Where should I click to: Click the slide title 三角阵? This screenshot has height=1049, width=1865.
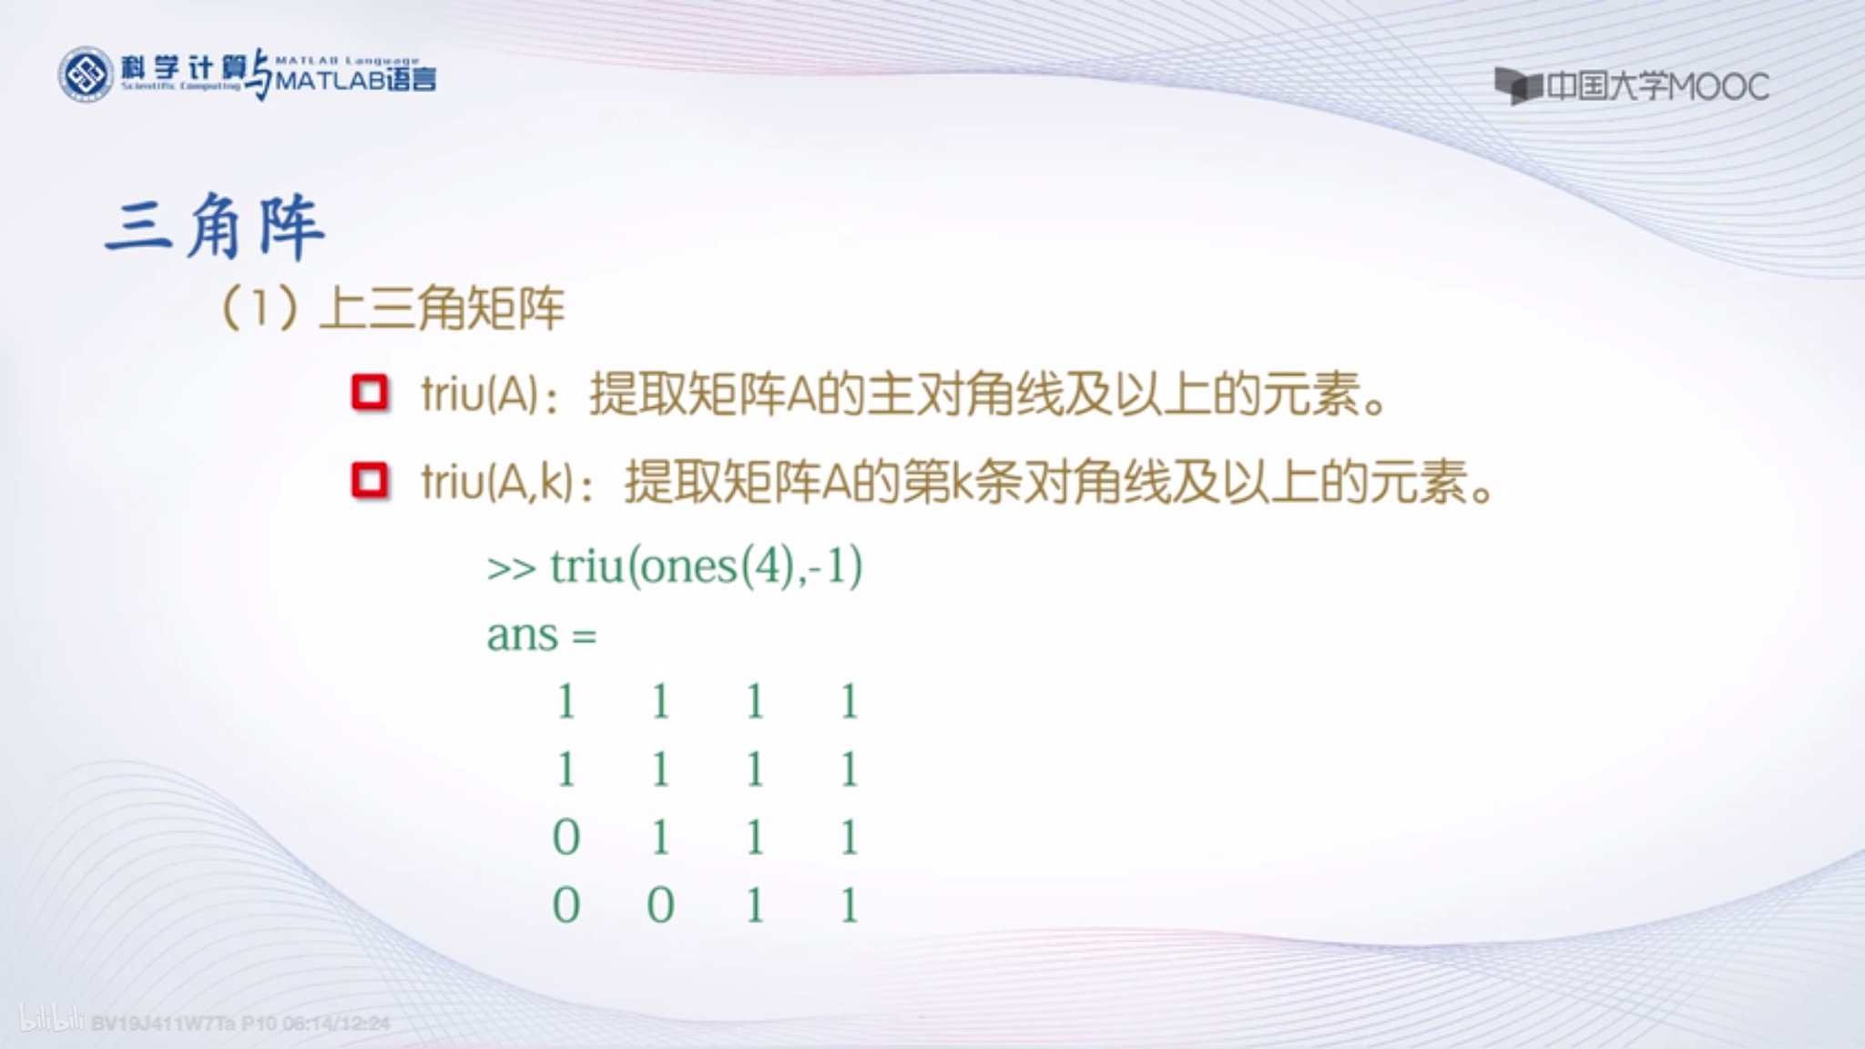pyautogui.click(x=215, y=226)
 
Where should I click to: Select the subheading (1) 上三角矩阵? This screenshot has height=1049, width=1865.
pyautogui.click(x=393, y=308)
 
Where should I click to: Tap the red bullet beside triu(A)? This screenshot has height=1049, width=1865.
pyautogui.click(x=370, y=392)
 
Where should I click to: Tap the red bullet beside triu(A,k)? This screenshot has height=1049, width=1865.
pyautogui.click(x=370, y=481)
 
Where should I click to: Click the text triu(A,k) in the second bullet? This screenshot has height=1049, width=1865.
pyautogui.click(x=497, y=482)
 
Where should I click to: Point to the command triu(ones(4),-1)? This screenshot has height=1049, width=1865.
pyautogui.click(x=706, y=566)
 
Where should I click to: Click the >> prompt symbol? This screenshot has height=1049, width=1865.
pyautogui.click(x=511, y=568)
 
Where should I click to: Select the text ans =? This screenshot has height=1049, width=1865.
pyautogui.click(x=541, y=635)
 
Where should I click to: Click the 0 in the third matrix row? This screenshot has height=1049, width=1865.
pyautogui.click(x=566, y=837)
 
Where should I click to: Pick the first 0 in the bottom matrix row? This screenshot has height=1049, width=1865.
pyautogui.click(x=566, y=905)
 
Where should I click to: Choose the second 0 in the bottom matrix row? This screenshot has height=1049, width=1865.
pyautogui.click(x=660, y=905)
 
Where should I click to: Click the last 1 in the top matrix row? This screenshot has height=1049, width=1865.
pyautogui.click(x=849, y=702)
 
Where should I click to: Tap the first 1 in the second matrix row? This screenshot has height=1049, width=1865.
pyautogui.click(x=566, y=770)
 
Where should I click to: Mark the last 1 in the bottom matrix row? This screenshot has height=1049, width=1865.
pyautogui.click(x=849, y=905)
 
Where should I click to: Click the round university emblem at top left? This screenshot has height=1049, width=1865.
pyautogui.click(x=85, y=75)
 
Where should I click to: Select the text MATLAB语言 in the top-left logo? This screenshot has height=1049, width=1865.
pyautogui.click(x=355, y=80)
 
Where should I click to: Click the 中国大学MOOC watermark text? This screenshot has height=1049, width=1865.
pyautogui.click(x=1657, y=87)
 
